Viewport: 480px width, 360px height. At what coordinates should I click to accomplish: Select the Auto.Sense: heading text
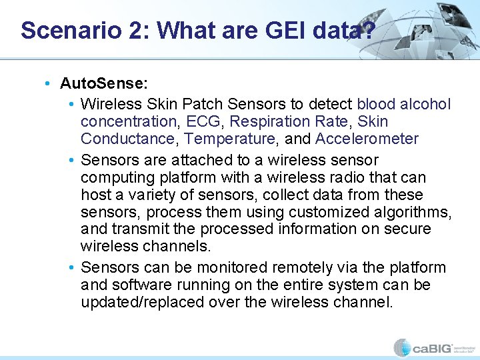pos(104,83)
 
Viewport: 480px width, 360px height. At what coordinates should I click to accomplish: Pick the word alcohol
pos(425,104)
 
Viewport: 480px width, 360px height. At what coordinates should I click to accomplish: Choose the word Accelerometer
pos(367,139)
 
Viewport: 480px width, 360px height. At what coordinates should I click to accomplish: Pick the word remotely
pos(299,267)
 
